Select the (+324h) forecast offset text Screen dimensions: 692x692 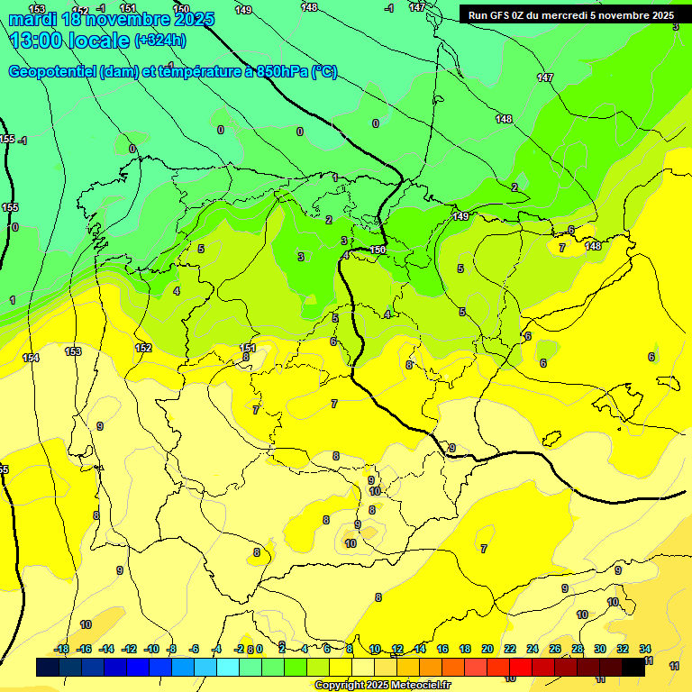[160, 41]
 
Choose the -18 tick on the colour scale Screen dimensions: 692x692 [62, 649]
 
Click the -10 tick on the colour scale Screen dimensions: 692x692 [151, 649]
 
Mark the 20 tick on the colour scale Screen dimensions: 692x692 [487, 649]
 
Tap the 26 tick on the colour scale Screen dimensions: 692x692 [555, 649]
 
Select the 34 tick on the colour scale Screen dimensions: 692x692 [645, 649]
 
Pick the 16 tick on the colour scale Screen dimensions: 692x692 [442, 649]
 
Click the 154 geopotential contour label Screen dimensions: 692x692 [31, 358]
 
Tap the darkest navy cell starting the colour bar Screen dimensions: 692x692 [48, 668]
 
